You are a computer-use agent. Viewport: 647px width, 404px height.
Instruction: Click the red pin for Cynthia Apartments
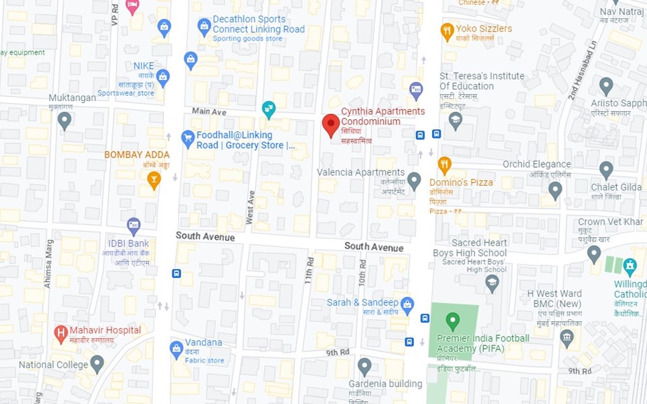point(330,125)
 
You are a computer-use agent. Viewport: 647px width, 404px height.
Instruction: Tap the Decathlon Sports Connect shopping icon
point(204,27)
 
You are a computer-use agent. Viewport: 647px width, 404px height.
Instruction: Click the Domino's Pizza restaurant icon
point(444,164)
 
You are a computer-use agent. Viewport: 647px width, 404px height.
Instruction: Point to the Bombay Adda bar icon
point(154,179)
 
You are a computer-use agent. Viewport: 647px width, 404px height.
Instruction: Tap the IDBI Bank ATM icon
point(133,225)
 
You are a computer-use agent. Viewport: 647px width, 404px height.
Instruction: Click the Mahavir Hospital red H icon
point(61,332)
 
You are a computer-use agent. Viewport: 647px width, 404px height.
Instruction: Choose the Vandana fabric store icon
point(176,349)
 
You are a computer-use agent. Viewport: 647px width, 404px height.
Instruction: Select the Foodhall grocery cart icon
point(188,139)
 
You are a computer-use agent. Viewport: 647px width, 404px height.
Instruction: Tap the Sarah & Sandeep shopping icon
point(407,304)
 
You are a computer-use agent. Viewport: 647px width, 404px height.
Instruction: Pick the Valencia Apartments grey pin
point(414,180)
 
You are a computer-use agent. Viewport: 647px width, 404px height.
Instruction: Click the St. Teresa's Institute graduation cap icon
point(456,121)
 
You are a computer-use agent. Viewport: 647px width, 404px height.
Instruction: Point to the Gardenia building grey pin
point(365,366)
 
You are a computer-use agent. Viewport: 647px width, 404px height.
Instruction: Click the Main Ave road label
point(209,111)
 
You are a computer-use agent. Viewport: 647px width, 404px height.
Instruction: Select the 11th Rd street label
point(309,270)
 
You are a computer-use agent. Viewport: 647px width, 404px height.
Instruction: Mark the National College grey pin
point(97,364)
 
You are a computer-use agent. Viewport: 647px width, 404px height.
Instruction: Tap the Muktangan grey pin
point(64,121)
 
